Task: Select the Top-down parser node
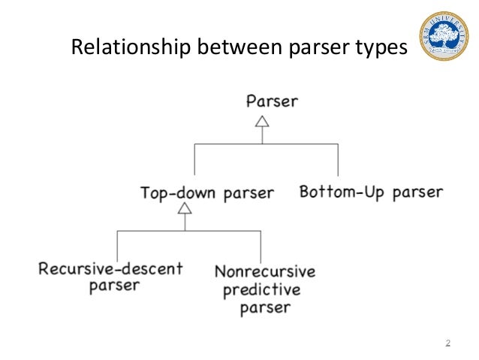tap(207, 192)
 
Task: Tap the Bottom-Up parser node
tap(371, 192)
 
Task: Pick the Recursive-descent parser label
tap(110, 276)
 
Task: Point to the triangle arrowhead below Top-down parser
tap(184, 207)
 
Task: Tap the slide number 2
tap(447, 343)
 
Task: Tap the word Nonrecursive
tap(264, 271)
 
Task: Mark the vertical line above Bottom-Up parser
tap(337, 161)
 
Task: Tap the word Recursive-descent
tap(110, 268)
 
